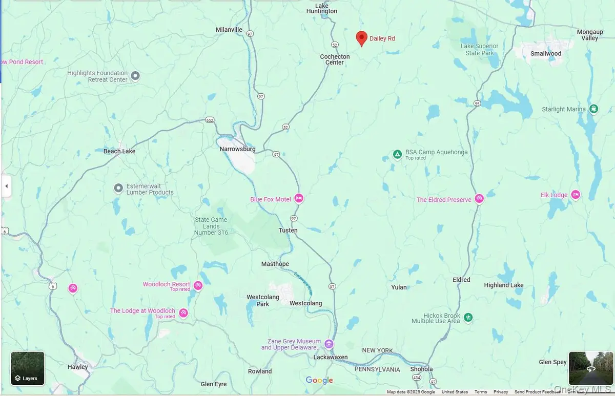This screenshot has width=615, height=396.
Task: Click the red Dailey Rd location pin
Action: pos(361,38)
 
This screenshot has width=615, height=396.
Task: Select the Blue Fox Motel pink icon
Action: pos(299,199)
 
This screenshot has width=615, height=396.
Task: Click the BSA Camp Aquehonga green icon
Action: pos(397,154)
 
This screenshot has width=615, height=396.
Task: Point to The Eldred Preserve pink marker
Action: pos(479,198)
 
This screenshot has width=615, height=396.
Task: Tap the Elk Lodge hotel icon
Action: pos(576,195)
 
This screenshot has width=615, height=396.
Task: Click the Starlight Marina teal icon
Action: pos(593,109)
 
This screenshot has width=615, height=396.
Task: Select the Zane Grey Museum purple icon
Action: pos(329,344)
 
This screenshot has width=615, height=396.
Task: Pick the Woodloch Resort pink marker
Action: pos(198,285)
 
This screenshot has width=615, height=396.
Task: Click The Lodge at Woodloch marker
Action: pos(183,312)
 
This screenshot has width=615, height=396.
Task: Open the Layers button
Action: pos(28,368)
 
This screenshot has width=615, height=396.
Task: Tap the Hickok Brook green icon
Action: pos(468,318)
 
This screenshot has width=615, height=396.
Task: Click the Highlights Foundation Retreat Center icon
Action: pos(135,76)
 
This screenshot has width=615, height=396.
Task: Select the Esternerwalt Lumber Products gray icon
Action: pos(118,188)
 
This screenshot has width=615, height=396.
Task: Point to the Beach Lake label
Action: pos(119,151)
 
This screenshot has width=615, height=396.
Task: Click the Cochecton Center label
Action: pos(335,59)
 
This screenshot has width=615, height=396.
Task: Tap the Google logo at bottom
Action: pos(319,380)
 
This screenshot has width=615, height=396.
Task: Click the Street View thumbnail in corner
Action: pos(590,368)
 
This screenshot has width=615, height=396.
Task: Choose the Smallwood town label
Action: pos(546,53)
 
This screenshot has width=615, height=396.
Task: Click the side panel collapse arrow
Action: pos(6,186)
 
